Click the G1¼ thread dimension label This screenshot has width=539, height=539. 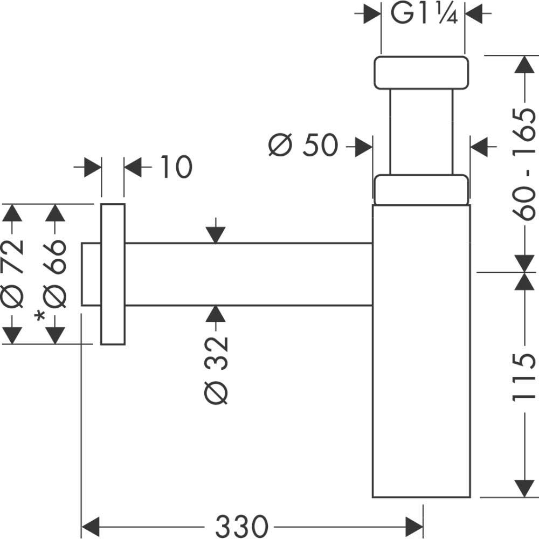pos(424,15)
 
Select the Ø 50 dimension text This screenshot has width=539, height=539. pos(303,145)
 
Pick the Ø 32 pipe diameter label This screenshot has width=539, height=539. pos(216,370)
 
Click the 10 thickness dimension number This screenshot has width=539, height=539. pos(176,167)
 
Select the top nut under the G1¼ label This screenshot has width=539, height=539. pos(421,72)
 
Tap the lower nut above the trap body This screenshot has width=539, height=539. pos(421,190)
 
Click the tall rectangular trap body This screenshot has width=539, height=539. pos(421,350)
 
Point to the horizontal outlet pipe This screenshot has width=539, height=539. pos(248,274)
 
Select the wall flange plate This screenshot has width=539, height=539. pos(113,274)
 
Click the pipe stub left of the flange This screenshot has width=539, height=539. pos(91,274)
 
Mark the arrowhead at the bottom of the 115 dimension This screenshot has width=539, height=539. pos(524,488)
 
